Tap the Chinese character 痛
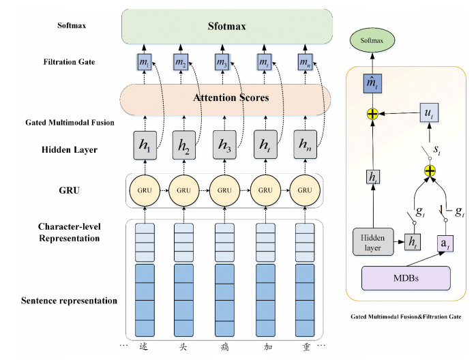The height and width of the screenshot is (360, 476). [222, 345]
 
